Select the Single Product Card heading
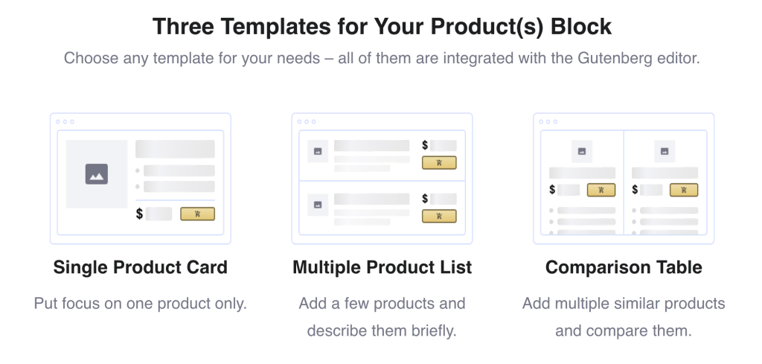click(x=140, y=267)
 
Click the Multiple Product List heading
click(x=382, y=267)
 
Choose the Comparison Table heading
click(x=624, y=267)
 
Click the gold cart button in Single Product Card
click(x=197, y=214)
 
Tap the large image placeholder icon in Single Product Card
click(x=97, y=174)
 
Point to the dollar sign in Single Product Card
click(x=139, y=214)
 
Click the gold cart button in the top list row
click(x=439, y=162)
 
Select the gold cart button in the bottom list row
click(x=439, y=216)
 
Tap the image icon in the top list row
click(x=318, y=151)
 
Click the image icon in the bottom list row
click(x=318, y=204)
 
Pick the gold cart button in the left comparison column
click(x=601, y=190)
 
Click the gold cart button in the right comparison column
click(x=684, y=190)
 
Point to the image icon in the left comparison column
click(x=582, y=151)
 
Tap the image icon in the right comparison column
click(x=665, y=151)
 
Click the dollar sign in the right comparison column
click(x=635, y=190)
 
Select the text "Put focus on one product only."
click(x=140, y=304)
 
